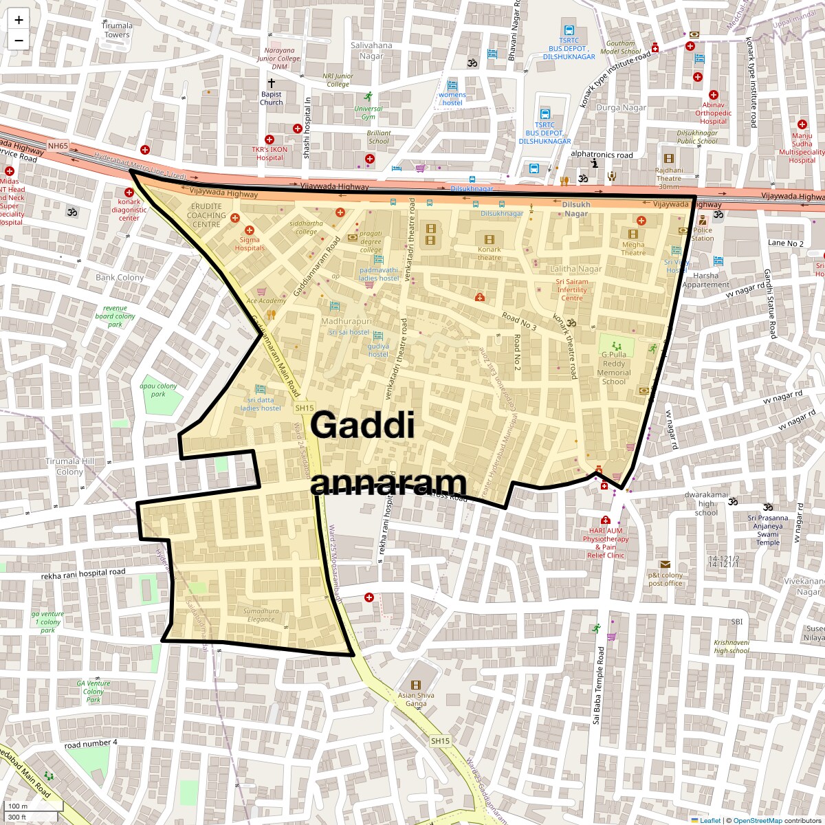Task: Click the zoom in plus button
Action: [x=19, y=20]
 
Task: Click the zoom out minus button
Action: [x=19, y=40]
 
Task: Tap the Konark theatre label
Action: [x=489, y=254]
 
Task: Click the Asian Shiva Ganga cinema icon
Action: [x=416, y=685]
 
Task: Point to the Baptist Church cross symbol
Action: [x=271, y=82]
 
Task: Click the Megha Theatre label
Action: [x=633, y=248]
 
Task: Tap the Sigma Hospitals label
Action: [x=249, y=244]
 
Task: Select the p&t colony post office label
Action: [x=665, y=579]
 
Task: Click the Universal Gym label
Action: [x=368, y=113]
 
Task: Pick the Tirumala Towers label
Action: [x=117, y=30]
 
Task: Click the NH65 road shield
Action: [x=58, y=146]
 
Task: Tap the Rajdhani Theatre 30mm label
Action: [x=669, y=178]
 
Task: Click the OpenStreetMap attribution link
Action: [x=757, y=820]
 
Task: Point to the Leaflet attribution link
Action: [x=709, y=820]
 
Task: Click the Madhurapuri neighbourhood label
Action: [x=347, y=321]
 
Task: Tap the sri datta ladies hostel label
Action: [x=261, y=404]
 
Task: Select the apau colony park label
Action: [x=158, y=390]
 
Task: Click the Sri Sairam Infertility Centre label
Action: [x=572, y=289]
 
